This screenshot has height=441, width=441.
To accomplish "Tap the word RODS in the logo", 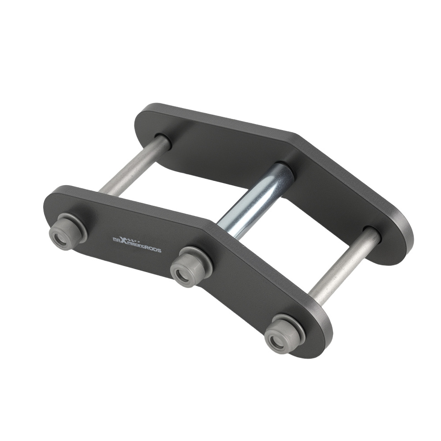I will pos(153,250).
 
